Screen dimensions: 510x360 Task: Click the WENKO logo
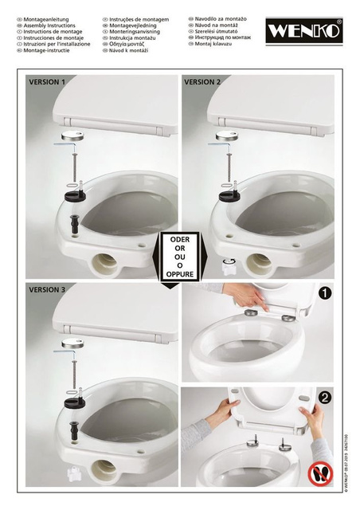tap(304, 31)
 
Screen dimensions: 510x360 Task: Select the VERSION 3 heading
tap(47, 289)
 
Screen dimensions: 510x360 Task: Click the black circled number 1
tap(325, 292)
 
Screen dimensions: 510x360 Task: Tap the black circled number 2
tap(325, 396)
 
